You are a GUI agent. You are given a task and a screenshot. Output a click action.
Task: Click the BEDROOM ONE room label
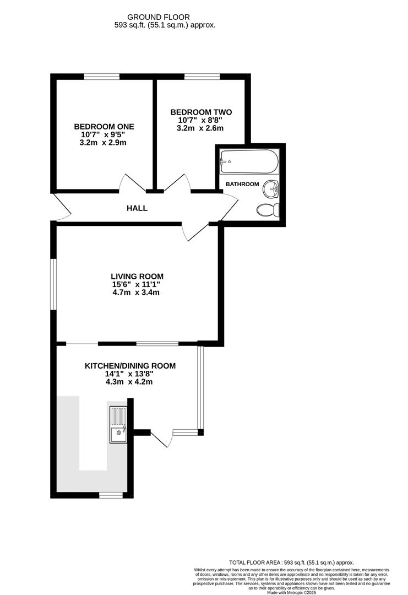104,127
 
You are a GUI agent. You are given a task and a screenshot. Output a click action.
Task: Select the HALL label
137,208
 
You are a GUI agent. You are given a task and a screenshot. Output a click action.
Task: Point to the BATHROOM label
242,184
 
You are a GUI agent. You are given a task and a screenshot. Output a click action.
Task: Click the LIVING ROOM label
137,277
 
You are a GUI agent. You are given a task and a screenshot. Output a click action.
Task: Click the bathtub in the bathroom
247,161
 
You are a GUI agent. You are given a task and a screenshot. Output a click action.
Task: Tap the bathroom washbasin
271,189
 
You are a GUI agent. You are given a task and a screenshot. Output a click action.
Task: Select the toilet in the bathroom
269,210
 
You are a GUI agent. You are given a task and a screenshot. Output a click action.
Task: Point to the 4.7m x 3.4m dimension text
135,293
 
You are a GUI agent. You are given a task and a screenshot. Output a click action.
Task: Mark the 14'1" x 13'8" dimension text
129,374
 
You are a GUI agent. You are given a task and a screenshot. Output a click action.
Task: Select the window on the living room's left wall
54,284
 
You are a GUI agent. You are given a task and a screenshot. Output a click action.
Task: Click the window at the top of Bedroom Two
202,77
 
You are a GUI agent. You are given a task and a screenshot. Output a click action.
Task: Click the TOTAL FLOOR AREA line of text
291,562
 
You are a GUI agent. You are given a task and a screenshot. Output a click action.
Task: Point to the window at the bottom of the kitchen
111,495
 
